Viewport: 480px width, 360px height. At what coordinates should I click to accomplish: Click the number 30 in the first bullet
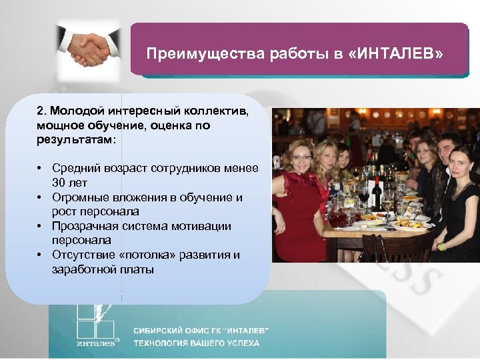point(59,181)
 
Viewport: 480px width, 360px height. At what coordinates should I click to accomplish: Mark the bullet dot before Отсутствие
point(41,256)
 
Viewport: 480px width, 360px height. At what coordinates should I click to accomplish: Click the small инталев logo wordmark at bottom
point(93,344)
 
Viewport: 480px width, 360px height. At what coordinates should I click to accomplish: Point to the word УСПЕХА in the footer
point(241,344)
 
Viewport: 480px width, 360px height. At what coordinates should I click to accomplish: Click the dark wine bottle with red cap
point(377,193)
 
